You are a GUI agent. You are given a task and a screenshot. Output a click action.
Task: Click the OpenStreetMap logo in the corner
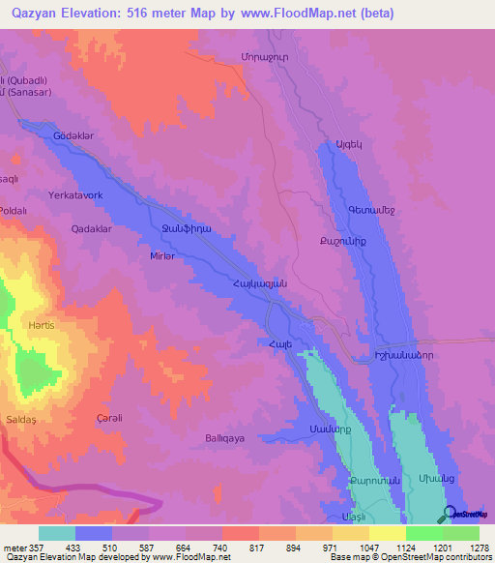[467, 514]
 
